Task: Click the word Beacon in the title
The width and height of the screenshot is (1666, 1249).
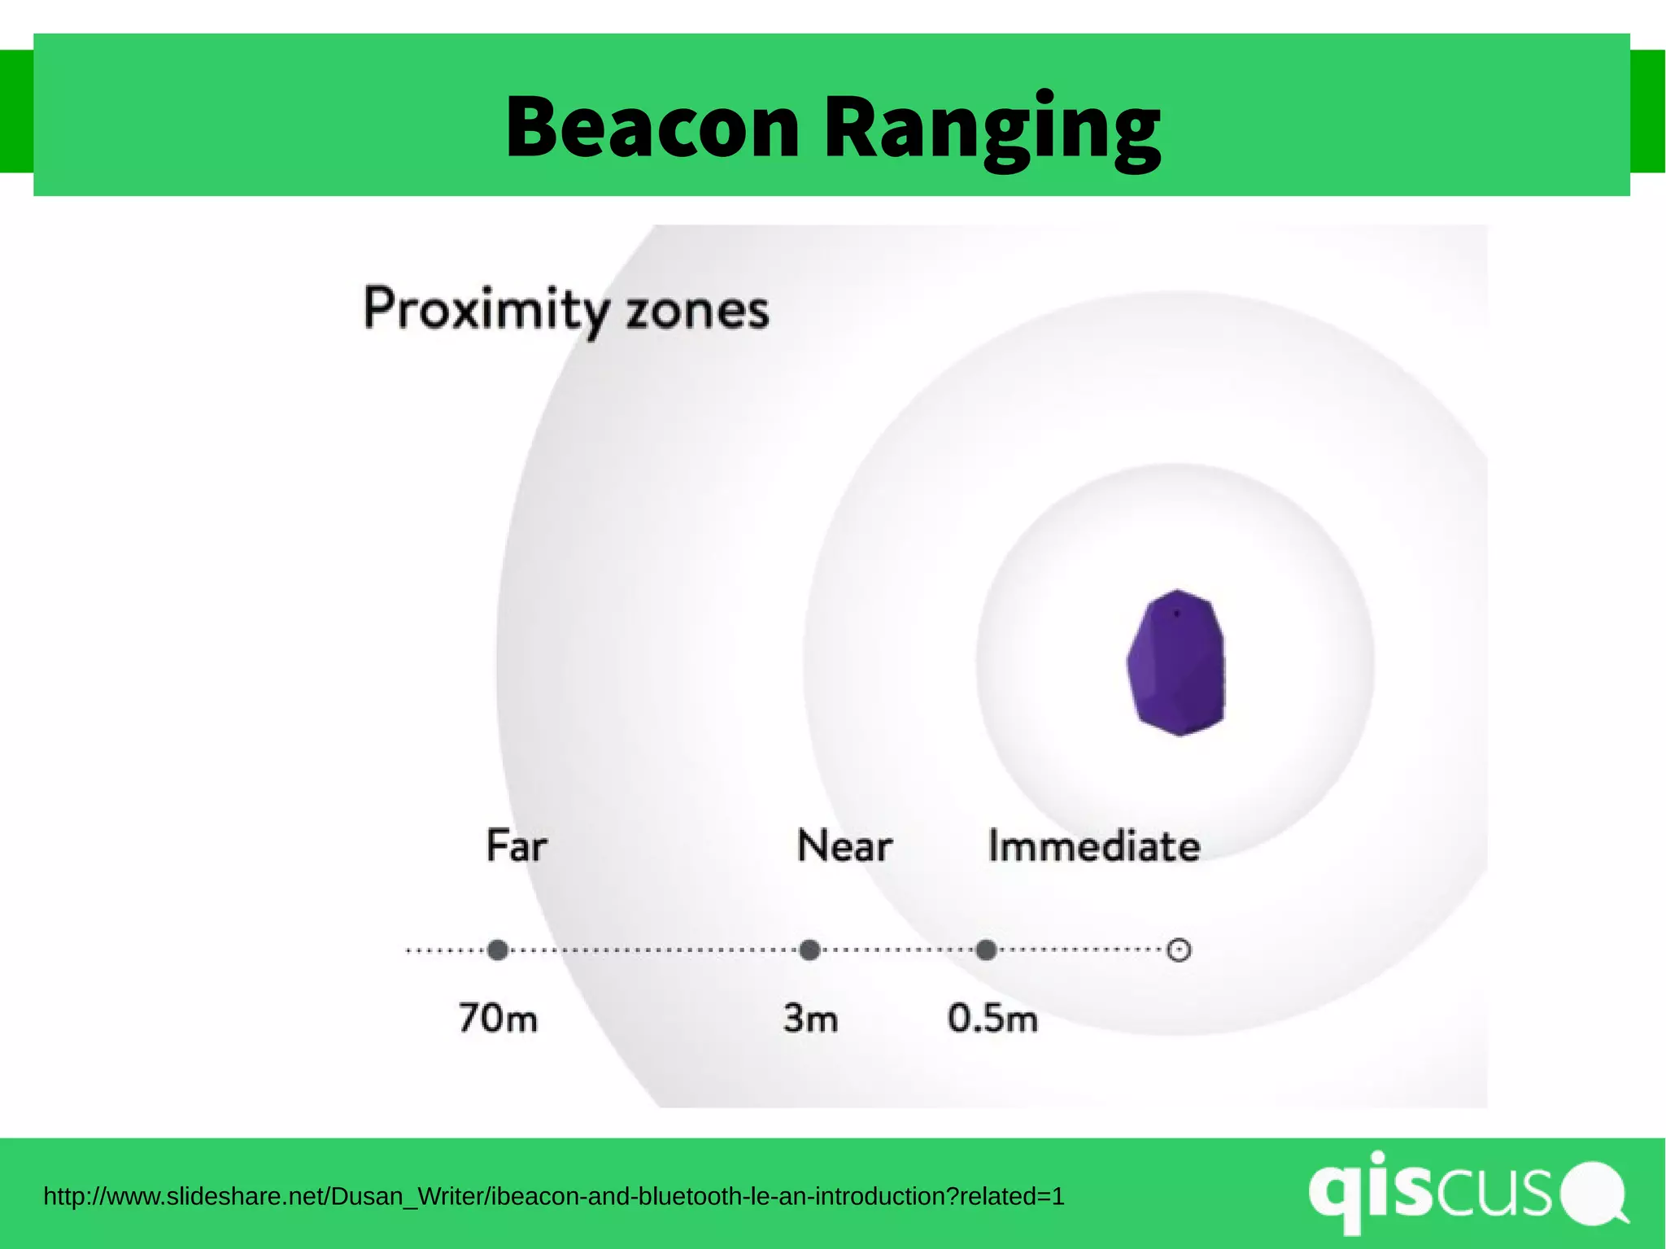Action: [652, 127]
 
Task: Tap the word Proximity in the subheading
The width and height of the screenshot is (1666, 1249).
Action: [486, 310]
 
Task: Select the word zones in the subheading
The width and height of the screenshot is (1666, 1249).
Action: [697, 312]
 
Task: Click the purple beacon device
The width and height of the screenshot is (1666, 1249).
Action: [1176, 663]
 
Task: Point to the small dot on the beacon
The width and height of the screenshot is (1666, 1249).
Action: [1176, 614]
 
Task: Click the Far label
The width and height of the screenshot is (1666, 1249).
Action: [516, 845]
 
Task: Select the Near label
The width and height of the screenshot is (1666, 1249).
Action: [844, 845]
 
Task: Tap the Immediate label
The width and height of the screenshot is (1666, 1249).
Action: [1093, 846]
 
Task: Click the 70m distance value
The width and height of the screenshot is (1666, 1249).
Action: [498, 1018]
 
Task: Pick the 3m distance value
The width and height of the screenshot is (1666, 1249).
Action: [810, 1018]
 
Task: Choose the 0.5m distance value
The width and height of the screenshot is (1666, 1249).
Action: [992, 1018]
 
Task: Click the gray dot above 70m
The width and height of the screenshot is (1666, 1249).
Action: [498, 950]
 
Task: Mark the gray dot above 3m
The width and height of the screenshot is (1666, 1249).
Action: [809, 950]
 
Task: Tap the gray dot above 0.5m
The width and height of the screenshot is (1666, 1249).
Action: [986, 950]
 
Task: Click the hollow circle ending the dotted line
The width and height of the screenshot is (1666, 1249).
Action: [1179, 950]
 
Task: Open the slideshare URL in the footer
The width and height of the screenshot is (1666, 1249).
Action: [553, 1196]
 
